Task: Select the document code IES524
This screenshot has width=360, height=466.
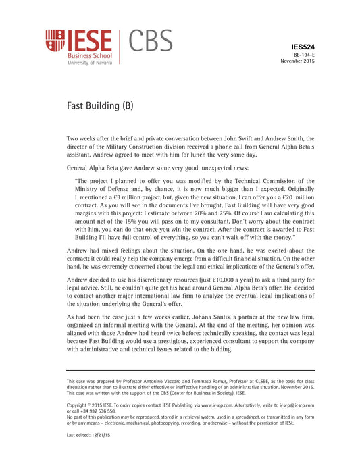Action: (x=302, y=46)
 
